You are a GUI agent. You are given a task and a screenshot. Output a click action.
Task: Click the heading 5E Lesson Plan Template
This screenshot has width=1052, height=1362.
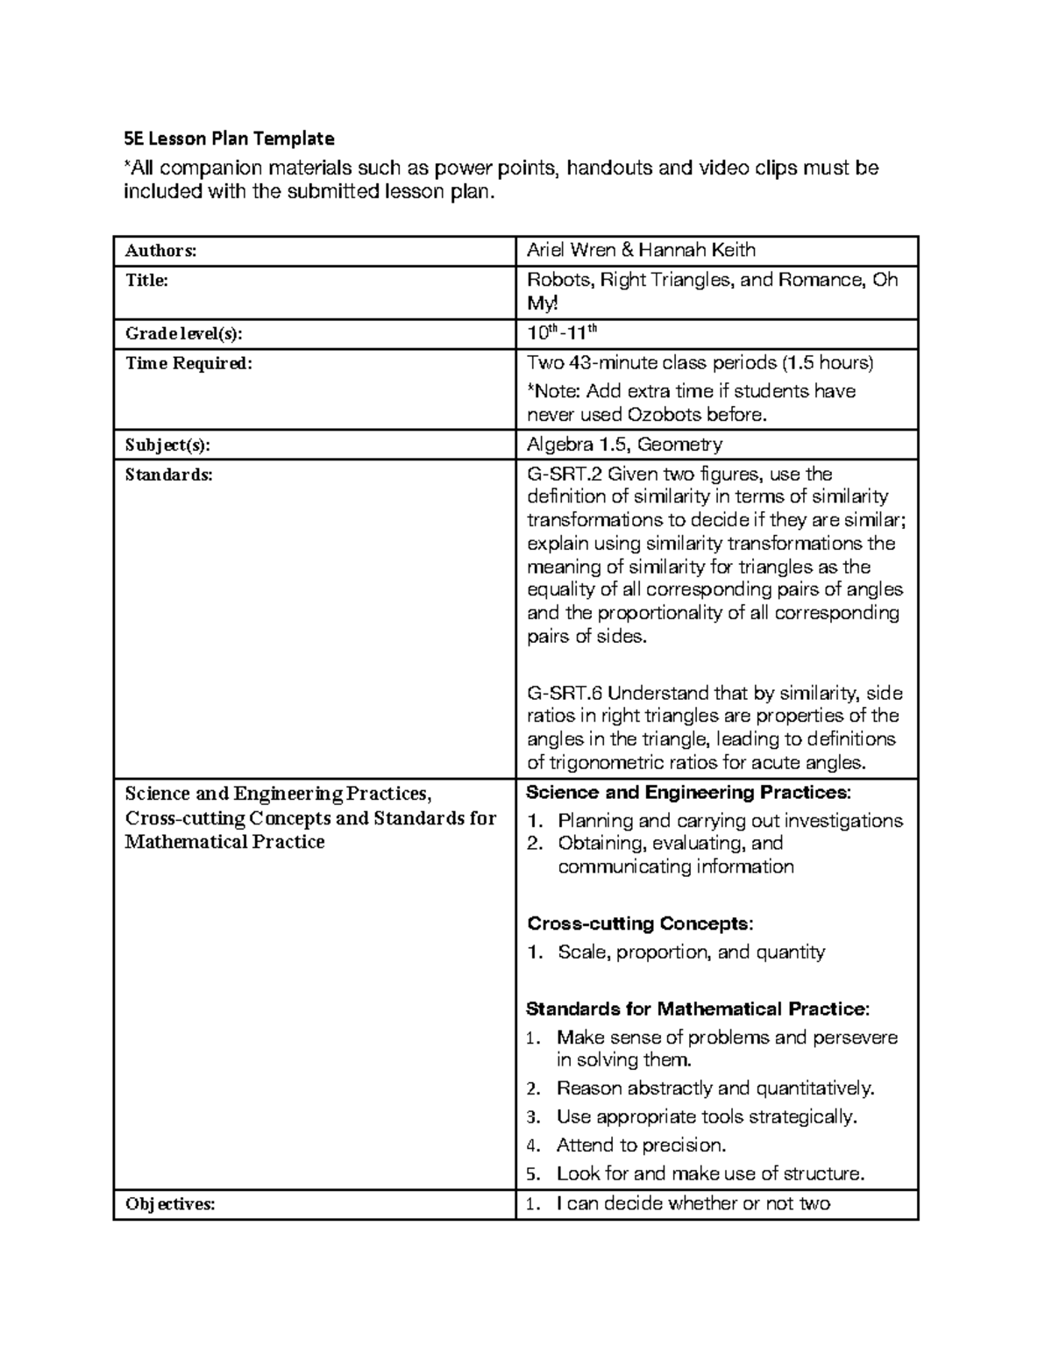pos(229,139)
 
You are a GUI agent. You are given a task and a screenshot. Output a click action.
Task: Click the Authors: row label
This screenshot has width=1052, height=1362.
pos(160,251)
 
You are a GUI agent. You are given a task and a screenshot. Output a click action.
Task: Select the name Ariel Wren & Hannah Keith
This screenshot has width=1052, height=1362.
pos(641,250)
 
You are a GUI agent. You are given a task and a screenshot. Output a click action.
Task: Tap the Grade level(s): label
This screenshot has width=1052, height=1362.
pos(184,334)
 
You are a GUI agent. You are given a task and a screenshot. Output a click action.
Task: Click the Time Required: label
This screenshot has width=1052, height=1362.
pos(188,363)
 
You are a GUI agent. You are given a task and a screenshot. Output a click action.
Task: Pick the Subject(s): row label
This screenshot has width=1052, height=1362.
pos(168,445)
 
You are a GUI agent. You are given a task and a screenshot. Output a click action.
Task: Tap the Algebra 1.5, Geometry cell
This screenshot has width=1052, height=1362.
pos(624,444)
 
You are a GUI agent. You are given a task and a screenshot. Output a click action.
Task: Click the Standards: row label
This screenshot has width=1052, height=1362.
pos(168,474)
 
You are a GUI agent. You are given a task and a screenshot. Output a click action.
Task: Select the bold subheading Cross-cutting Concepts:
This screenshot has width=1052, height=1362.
pos(639,923)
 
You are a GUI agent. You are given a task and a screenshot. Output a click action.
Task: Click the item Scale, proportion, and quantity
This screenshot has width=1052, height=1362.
pos(691,952)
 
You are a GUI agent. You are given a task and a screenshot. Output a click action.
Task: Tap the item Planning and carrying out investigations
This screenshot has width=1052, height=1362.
pos(729,821)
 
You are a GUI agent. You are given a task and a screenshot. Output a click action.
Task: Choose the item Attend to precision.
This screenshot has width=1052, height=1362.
pos(641,1145)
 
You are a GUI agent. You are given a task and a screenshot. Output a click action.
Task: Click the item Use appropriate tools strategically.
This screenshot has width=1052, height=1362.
pos(706,1116)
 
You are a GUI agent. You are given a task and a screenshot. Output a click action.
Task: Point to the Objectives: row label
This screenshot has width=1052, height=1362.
pos(170,1204)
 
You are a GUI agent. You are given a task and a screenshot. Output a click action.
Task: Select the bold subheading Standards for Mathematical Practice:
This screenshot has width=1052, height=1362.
pos(698,1009)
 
